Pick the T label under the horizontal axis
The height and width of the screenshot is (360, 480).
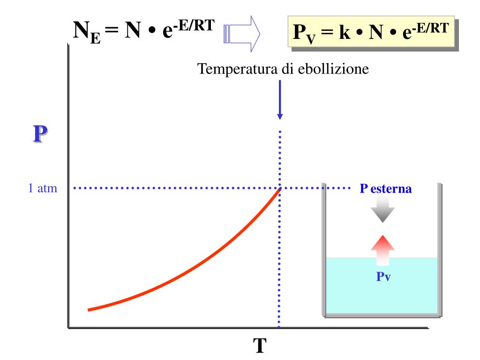pyautogui.click(x=260, y=346)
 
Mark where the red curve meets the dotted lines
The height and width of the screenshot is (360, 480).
pyautogui.click(x=280, y=189)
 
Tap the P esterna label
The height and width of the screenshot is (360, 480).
pyautogui.click(x=386, y=189)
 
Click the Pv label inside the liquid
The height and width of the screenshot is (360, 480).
pyautogui.click(x=383, y=276)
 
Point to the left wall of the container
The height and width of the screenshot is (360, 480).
pyautogui.click(x=323, y=248)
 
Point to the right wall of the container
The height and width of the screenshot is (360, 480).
pyautogui.click(x=440, y=248)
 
